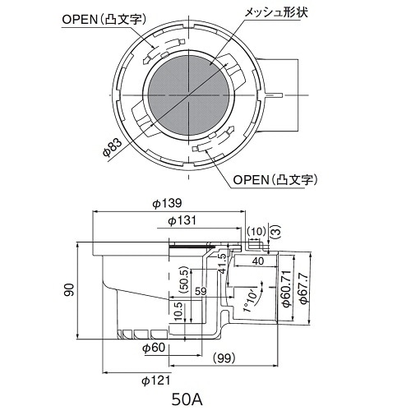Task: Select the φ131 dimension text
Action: click(183, 220)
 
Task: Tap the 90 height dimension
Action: click(70, 289)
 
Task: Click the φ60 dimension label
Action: click(155, 349)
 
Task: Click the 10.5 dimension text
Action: click(179, 311)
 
